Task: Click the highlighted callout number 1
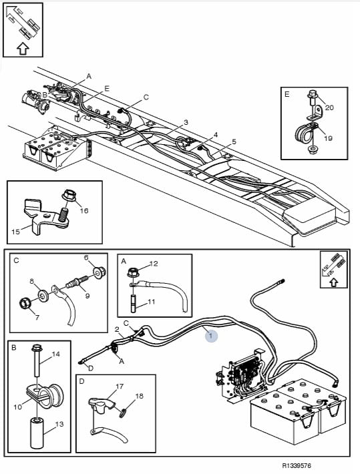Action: point(211,336)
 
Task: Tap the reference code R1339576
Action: point(297,465)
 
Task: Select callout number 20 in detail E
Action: point(329,107)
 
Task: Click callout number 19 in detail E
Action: point(328,138)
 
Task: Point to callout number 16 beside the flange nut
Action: point(83,210)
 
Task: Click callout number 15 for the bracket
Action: point(15,231)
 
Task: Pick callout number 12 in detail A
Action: point(154,264)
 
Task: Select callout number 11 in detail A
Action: point(152,301)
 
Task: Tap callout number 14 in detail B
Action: point(56,354)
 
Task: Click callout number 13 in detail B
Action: point(59,424)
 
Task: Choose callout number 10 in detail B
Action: point(18,407)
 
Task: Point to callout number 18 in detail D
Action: point(139,396)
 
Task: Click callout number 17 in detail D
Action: point(120,386)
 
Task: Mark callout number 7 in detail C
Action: point(37,317)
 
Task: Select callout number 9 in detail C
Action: point(87,295)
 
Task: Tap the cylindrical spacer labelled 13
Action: point(38,433)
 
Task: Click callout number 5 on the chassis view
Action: point(234,142)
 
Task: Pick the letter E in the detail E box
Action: point(287,94)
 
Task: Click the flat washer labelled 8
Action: point(42,294)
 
